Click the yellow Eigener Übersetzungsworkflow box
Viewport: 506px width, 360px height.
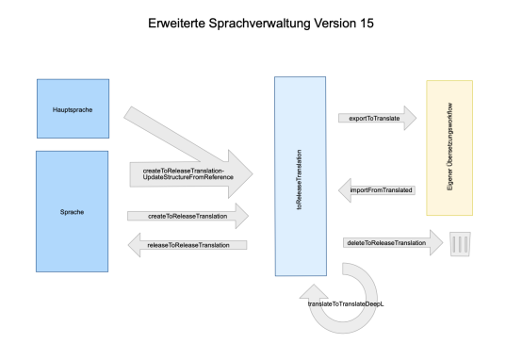point(449,147)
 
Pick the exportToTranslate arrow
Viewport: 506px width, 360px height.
point(377,118)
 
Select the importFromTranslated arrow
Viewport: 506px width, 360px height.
point(377,189)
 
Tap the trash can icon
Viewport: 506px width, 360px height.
point(461,244)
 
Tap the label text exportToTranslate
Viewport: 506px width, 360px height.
point(370,118)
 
